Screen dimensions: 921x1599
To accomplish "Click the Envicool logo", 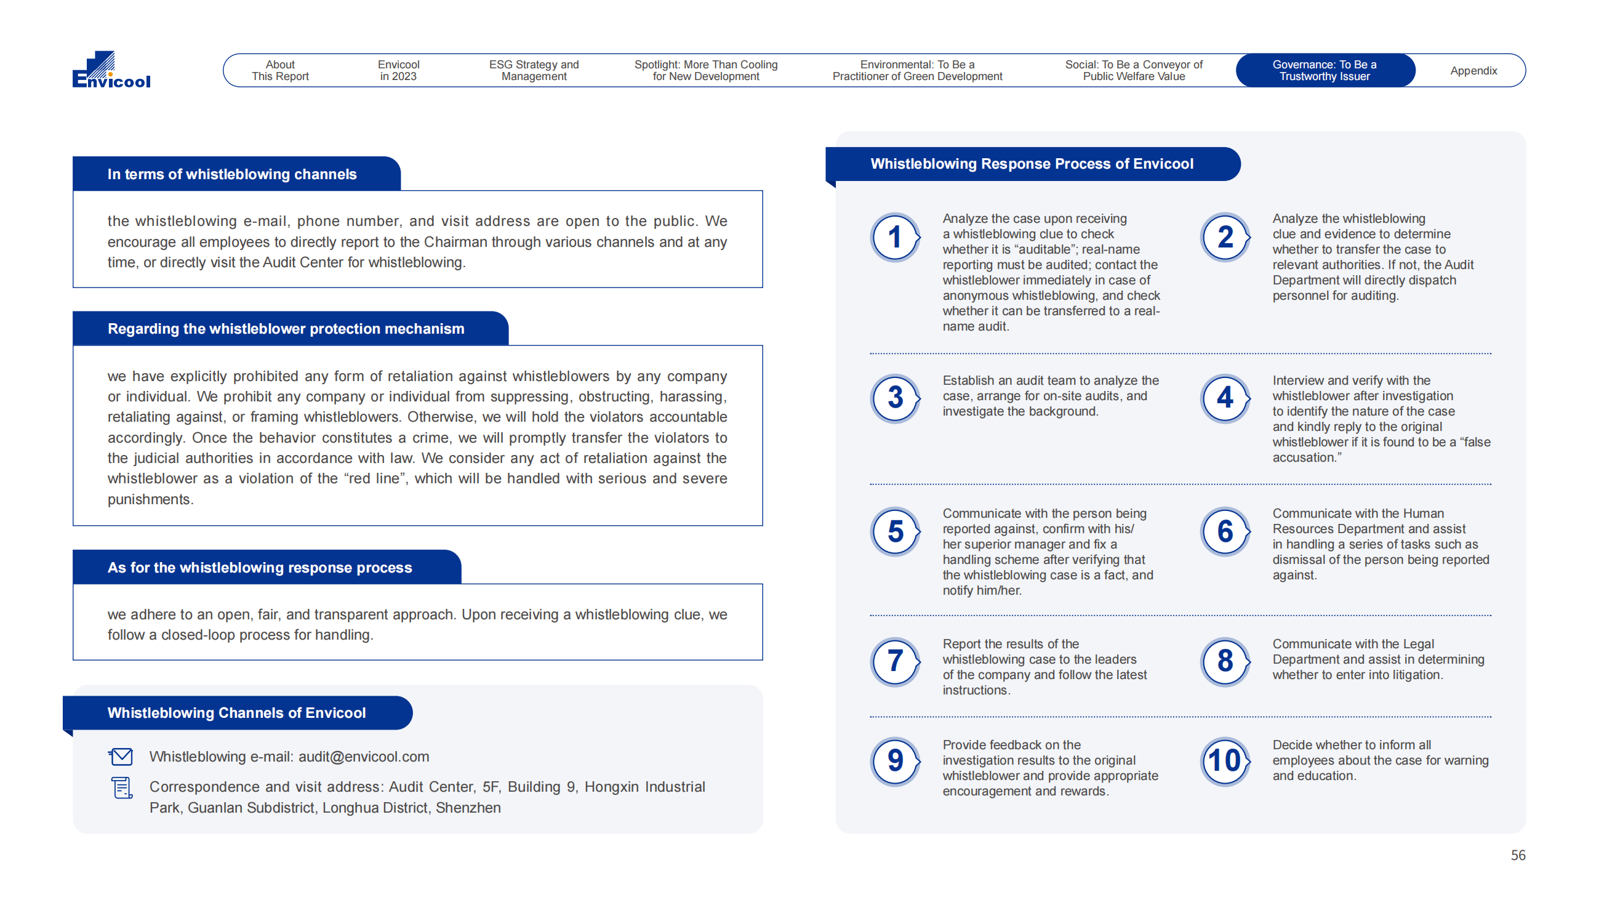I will tap(111, 70).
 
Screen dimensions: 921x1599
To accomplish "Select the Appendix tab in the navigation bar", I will tap(1473, 71).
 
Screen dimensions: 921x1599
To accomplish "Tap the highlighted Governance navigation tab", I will tap(1324, 70).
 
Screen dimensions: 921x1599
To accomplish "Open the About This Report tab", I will tap(280, 70).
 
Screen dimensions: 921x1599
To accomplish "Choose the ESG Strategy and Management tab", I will tap(534, 70).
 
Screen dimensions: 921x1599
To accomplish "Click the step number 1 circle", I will tap(895, 237).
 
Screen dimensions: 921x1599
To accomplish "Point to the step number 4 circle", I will tap(1224, 398).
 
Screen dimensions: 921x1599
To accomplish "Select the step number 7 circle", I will tap(895, 662).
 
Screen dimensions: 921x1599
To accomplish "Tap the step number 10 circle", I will tap(1224, 761).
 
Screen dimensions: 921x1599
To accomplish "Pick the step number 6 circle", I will tap(1224, 531).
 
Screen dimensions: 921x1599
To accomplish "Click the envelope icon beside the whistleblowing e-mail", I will tap(121, 757).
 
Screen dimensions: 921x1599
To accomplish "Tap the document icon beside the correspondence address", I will tap(121, 787).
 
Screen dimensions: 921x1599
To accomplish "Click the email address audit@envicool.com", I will tap(364, 757).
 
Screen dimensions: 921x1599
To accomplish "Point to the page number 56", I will tap(1517, 855).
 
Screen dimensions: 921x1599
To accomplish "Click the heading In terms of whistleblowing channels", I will tap(232, 174).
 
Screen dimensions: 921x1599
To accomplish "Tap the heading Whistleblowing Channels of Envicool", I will tap(236, 713).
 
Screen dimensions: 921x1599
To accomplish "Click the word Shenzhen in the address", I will tap(468, 808).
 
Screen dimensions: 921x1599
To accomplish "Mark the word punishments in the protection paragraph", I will tap(149, 499).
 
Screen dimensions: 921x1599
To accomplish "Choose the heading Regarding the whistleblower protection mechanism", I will tap(286, 329).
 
